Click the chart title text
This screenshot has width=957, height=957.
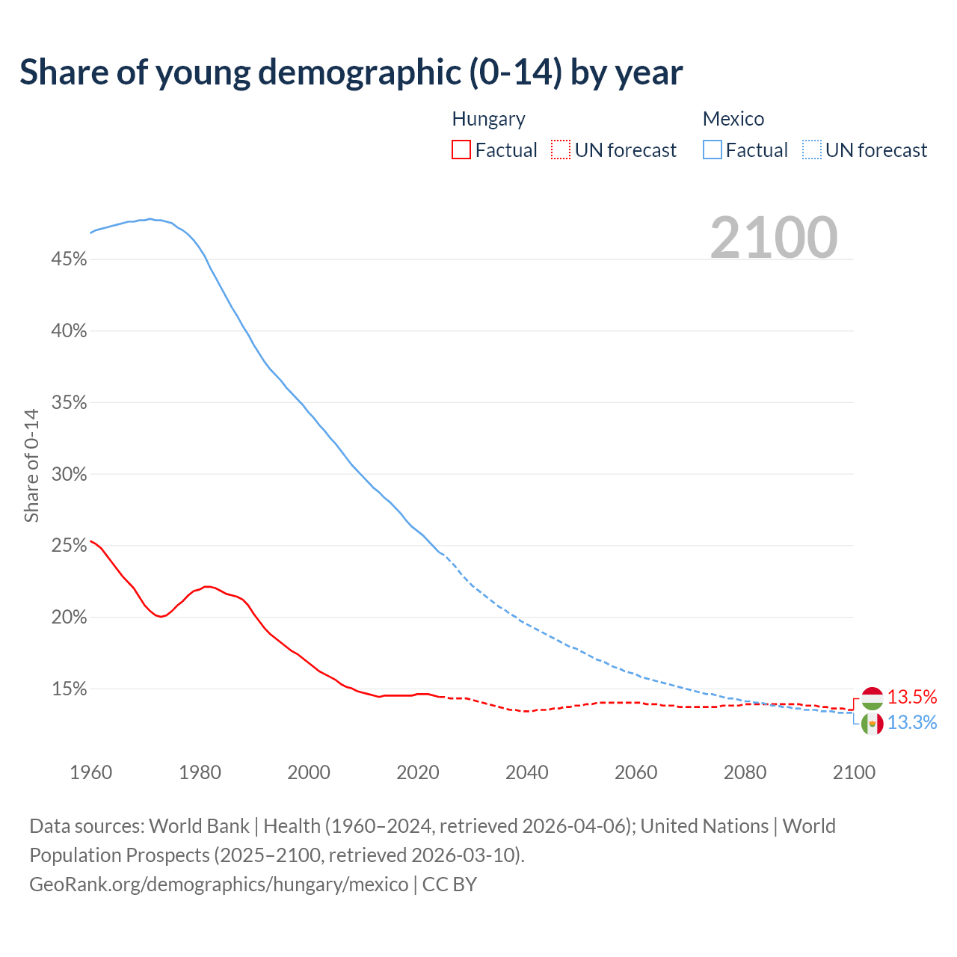click(x=351, y=73)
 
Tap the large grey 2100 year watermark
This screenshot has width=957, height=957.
click(x=774, y=238)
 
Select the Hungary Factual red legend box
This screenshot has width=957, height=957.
click(x=461, y=150)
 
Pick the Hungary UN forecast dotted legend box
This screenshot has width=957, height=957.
click(x=561, y=150)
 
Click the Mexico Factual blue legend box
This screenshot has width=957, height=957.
click(x=713, y=150)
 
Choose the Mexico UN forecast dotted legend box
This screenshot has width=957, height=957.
click(x=812, y=150)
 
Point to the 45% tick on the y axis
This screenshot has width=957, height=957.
click(x=70, y=259)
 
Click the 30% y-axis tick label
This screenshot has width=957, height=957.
click(x=70, y=474)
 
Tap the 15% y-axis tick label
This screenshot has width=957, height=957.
click(x=70, y=689)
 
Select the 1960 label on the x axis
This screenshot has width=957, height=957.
click(x=90, y=772)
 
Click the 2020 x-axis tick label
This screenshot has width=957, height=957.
click(x=418, y=772)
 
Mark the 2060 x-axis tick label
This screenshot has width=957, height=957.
click(x=636, y=772)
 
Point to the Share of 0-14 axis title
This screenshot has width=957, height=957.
click(x=31, y=465)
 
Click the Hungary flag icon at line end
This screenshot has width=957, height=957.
click(x=873, y=698)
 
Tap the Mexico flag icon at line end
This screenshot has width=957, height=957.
click(x=873, y=724)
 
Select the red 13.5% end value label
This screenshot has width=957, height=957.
click(x=912, y=697)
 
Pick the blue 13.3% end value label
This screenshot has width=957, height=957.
click(x=912, y=722)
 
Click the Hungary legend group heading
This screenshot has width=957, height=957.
click(x=489, y=119)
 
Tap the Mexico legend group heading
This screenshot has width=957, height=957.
click(x=733, y=119)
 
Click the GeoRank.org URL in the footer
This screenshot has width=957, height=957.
click(x=219, y=884)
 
